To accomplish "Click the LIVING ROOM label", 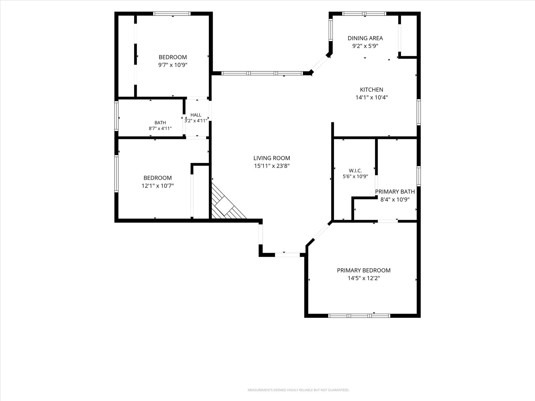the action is click(x=272, y=158).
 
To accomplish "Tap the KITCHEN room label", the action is click(x=371, y=90).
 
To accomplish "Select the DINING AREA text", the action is click(x=365, y=38).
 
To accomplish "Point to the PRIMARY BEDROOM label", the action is click(x=364, y=270).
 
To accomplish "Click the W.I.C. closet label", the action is click(x=355, y=171).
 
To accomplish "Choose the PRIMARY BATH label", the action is click(x=395, y=192).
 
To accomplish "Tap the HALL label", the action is click(x=196, y=115).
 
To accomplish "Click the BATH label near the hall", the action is click(x=160, y=122).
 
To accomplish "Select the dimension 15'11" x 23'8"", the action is click(x=272, y=166).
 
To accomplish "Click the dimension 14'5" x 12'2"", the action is click(x=364, y=278).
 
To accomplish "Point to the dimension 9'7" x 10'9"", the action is click(x=173, y=65).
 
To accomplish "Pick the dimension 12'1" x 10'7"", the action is click(x=158, y=186).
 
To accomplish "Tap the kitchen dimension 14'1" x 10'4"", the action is click(x=371, y=97).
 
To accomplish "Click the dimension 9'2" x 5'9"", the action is click(x=365, y=46).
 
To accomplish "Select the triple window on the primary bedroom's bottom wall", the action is click(x=359, y=316).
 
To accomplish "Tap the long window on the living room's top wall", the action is click(x=262, y=73).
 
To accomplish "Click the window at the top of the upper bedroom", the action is click(x=172, y=14).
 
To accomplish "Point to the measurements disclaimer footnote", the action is click(x=298, y=390).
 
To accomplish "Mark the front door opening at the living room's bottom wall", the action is click(x=287, y=255).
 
